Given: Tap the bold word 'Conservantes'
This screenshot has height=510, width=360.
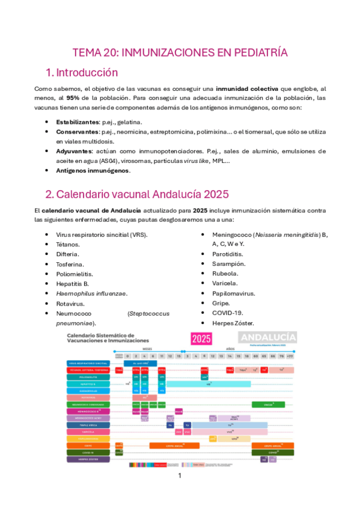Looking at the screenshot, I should pyautogui.click(x=78, y=131).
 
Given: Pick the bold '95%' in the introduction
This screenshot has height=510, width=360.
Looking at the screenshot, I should pyautogui.click(x=74, y=97).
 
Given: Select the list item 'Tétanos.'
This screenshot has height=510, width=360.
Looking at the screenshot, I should pyautogui.click(x=67, y=245).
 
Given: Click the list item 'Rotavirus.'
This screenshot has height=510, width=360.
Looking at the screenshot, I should pyautogui.click(x=70, y=303).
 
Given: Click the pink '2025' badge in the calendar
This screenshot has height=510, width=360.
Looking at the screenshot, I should pyautogui.click(x=201, y=339).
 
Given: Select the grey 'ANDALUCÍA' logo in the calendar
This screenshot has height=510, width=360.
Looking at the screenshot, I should pyautogui.click(x=267, y=337).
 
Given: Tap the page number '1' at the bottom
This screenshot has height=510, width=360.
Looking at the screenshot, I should pyautogui.click(x=180, y=475).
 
